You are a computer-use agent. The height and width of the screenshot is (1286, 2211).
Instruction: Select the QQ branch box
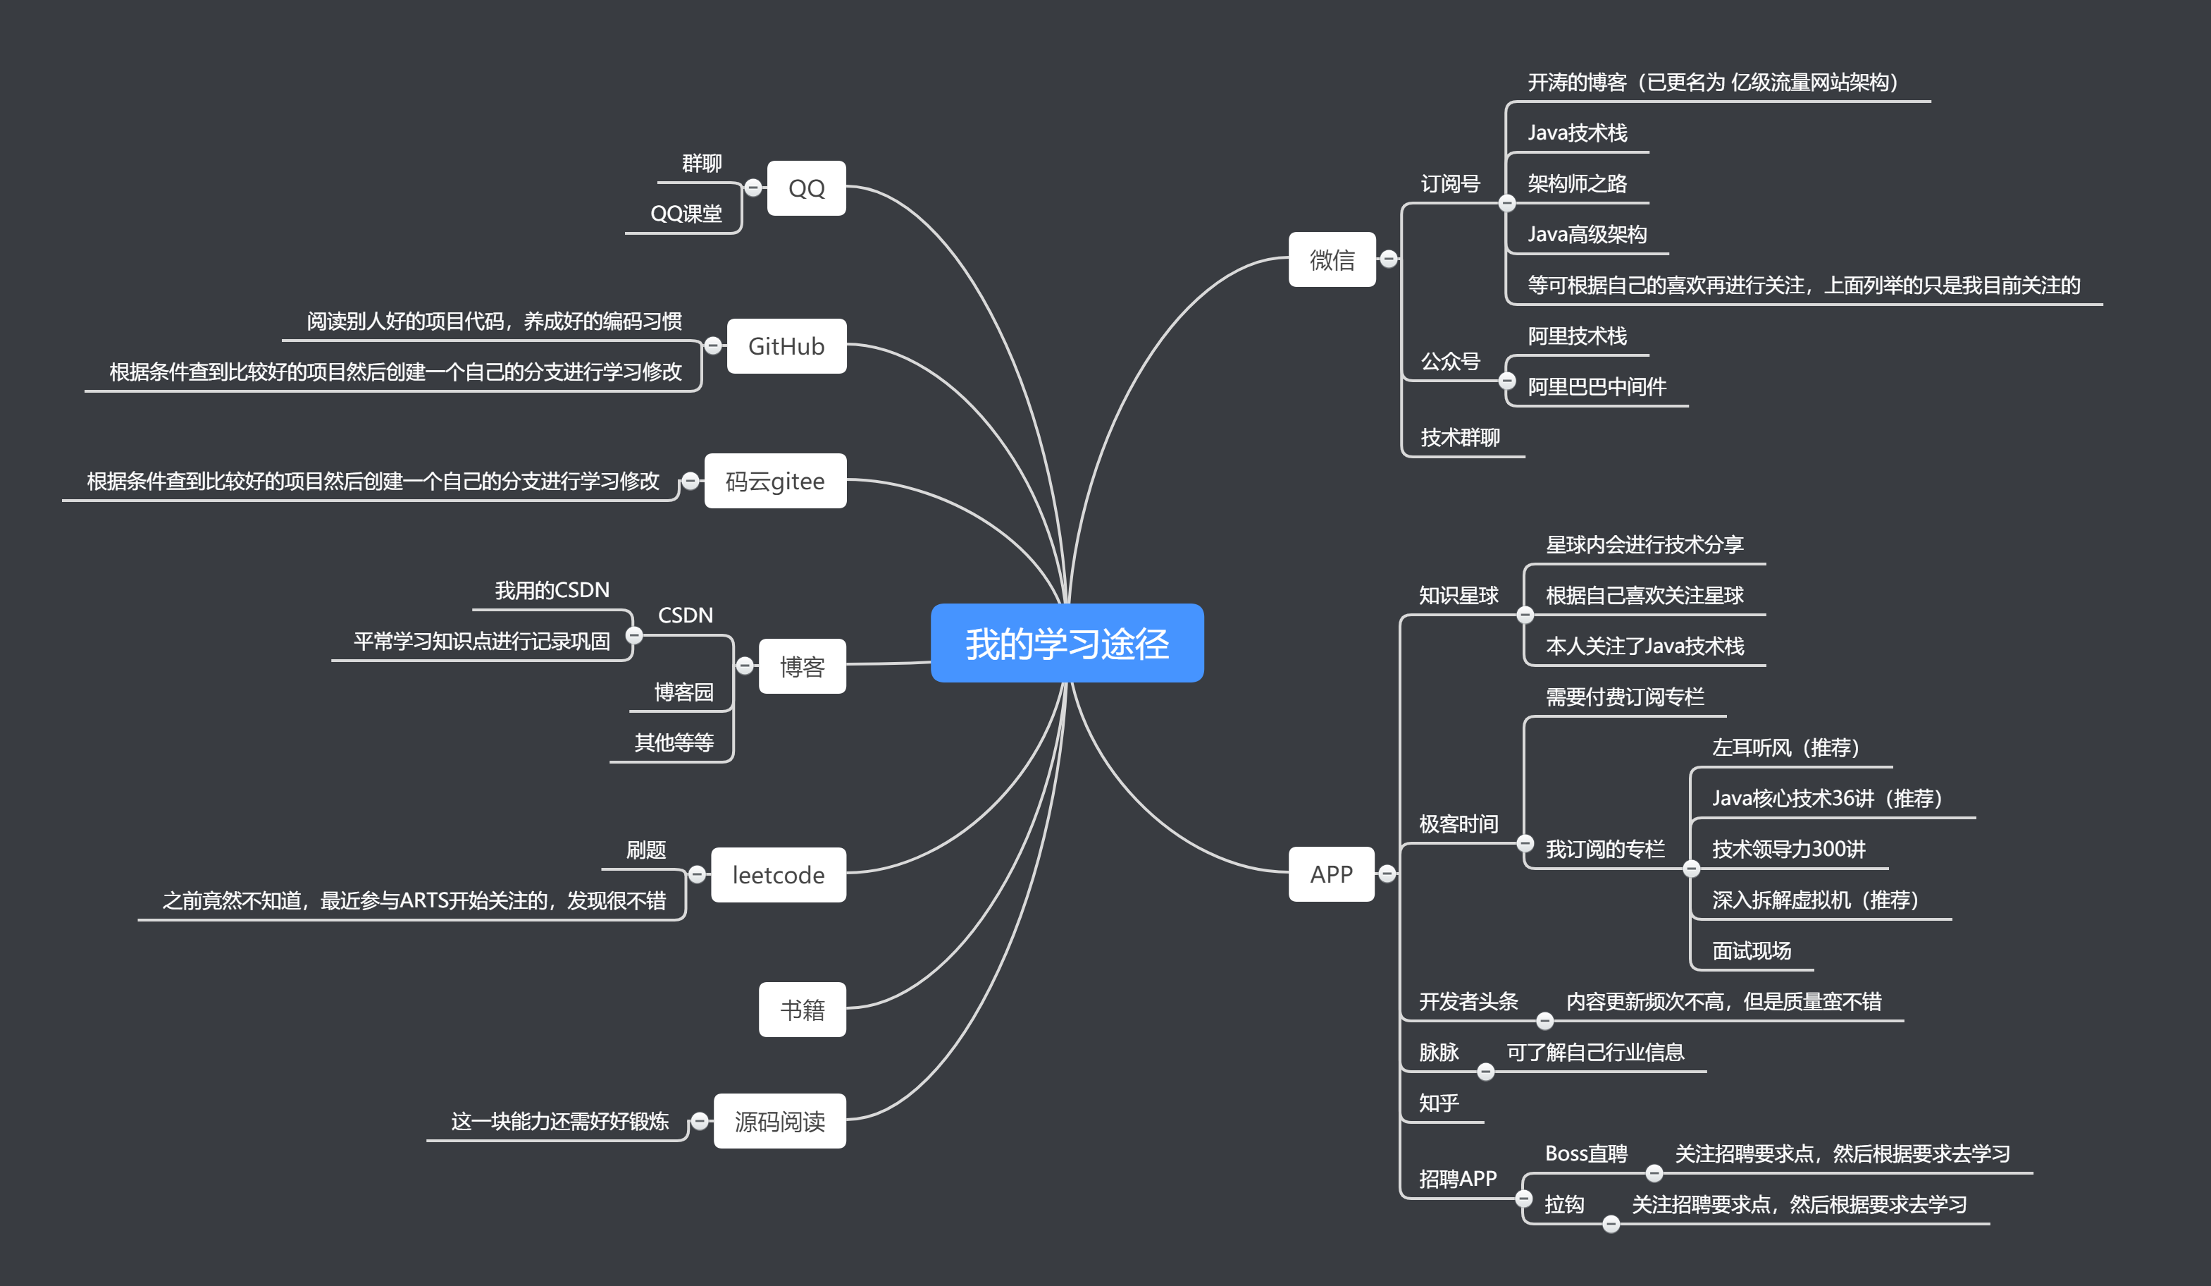(x=805, y=188)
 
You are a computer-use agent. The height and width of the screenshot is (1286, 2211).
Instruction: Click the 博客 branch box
(x=801, y=666)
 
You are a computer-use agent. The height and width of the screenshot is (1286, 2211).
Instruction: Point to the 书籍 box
(x=801, y=1010)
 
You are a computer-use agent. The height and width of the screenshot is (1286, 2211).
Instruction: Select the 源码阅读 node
(x=779, y=1121)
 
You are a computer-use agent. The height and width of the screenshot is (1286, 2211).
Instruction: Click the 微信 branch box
(x=1331, y=259)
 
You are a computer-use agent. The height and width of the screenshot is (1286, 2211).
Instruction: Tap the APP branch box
(x=1330, y=874)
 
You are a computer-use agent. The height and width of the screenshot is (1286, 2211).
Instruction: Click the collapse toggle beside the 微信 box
(x=1388, y=259)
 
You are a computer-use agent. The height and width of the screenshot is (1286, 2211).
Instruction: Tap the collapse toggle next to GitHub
(x=713, y=346)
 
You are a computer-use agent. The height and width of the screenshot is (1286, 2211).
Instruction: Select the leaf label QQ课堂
(x=686, y=214)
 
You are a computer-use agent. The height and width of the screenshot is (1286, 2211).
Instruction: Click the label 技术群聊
(x=1459, y=437)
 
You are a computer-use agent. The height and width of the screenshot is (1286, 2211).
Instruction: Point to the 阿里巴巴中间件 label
(x=1596, y=386)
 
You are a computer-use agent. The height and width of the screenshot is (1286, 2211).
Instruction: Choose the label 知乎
(x=1438, y=1103)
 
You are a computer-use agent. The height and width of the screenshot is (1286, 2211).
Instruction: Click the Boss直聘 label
(x=1585, y=1153)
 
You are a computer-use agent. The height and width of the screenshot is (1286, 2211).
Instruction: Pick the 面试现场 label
(x=1750, y=950)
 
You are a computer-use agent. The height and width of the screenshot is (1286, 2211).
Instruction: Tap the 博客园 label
(x=683, y=692)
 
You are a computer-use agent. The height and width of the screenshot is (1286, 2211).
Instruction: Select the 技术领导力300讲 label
(x=1788, y=849)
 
